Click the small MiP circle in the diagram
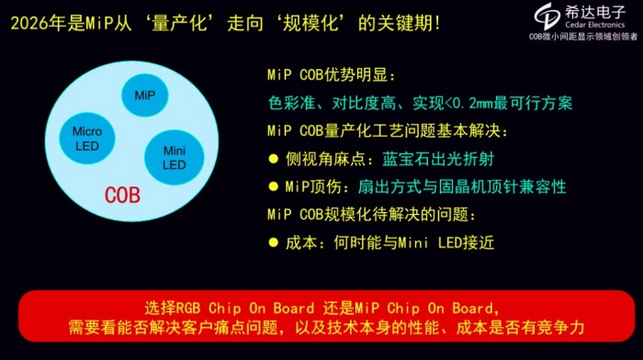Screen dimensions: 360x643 [145, 96]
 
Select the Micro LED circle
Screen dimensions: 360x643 [87, 138]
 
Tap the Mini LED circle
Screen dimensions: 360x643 [175, 157]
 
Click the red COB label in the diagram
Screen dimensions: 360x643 [122, 195]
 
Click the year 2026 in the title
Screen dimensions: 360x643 [28, 20]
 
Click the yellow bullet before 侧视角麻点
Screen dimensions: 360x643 [273, 158]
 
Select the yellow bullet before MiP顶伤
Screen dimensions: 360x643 [273, 186]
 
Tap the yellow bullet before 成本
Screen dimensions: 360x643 [273, 242]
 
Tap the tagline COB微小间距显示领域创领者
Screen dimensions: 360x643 [582, 37]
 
